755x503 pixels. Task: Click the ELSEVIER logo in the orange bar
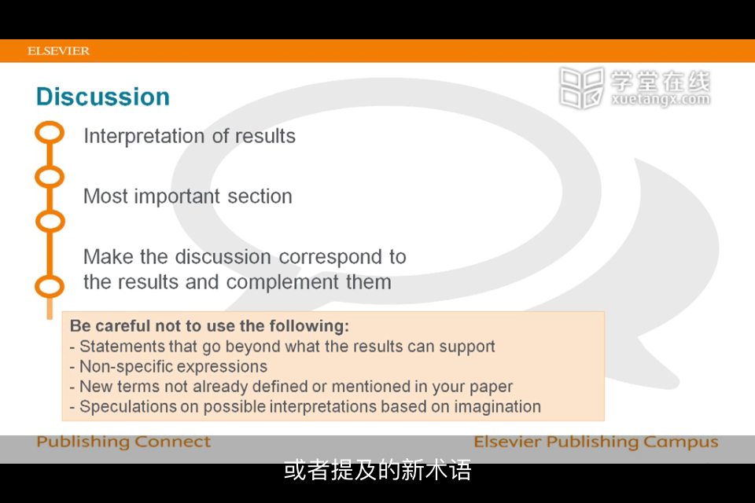(58, 51)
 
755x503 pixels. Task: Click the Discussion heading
(103, 97)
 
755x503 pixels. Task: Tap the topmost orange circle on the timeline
(50, 132)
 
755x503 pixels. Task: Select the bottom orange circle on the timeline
(50, 286)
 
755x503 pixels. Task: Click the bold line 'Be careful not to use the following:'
(209, 326)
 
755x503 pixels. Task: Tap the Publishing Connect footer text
(123, 442)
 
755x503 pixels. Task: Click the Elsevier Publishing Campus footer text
(596, 442)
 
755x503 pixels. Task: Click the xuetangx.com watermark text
(661, 100)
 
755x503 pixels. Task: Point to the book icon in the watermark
(582, 87)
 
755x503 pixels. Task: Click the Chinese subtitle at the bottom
(377, 470)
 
